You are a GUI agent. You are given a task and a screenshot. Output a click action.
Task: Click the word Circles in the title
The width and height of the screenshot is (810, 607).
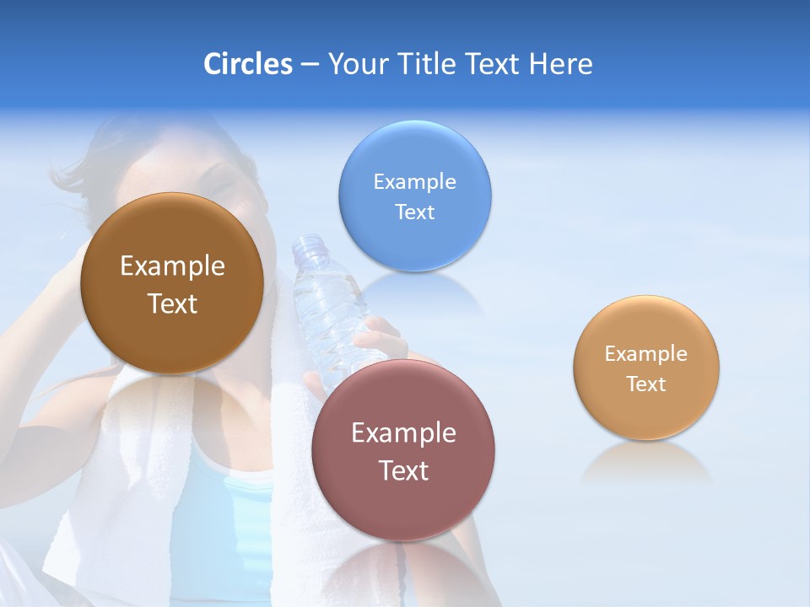pyautogui.click(x=248, y=64)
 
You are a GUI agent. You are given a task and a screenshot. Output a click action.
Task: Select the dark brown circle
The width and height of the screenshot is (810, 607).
pyautogui.click(x=172, y=329)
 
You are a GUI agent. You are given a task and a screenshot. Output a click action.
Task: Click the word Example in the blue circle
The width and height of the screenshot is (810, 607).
pyautogui.click(x=414, y=182)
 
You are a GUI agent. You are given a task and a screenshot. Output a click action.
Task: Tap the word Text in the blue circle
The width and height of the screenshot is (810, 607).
pyautogui.click(x=414, y=212)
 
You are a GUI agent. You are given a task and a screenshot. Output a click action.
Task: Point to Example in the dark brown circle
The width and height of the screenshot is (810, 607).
pyautogui.click(x=172, y=266)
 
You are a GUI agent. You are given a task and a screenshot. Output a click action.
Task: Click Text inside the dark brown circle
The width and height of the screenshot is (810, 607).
pyautogui.click(x=172, y=304)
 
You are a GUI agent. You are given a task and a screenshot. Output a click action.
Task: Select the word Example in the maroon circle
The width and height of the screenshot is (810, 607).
pyautogui.click(x=403, y=433)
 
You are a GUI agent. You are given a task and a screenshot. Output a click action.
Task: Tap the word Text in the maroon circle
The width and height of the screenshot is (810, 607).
pyautogui.click(x=403, y=471)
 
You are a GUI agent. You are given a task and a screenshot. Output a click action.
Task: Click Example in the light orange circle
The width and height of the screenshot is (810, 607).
pyautogui.click(x=646, y=354)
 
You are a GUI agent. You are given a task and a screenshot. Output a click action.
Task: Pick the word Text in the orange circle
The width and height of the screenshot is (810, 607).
pyautogui.click(x=646, y=384)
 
